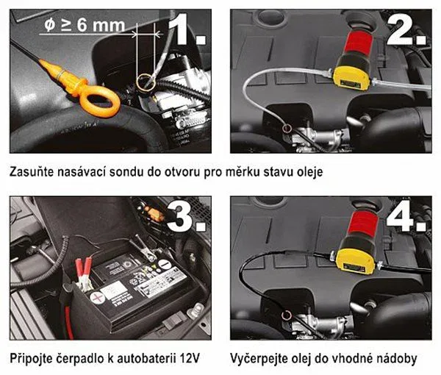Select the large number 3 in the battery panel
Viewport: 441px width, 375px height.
pos(180,215)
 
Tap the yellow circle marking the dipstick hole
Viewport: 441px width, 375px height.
pos(146,82)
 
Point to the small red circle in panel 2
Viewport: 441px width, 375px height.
pos(287,128)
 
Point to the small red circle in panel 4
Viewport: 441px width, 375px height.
pos(287,315)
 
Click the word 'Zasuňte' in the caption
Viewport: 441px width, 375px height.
pos(32,172)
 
